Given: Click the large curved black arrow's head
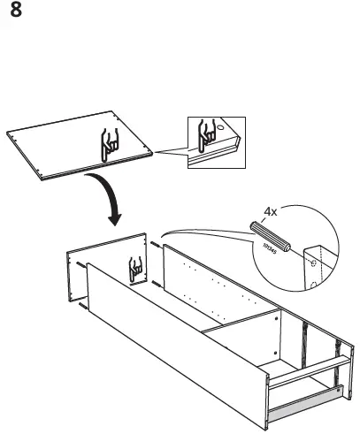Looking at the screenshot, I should [x=113, y=217].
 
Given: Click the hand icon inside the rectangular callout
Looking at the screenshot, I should [x=210, y=133].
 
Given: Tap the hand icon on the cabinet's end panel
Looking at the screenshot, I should [x=136, y=269].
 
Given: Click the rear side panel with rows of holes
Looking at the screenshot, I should [x=221, y=283].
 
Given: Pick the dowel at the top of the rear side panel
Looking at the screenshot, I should [x=157, y=244].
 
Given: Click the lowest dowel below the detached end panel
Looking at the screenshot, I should [x=82, y=307].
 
